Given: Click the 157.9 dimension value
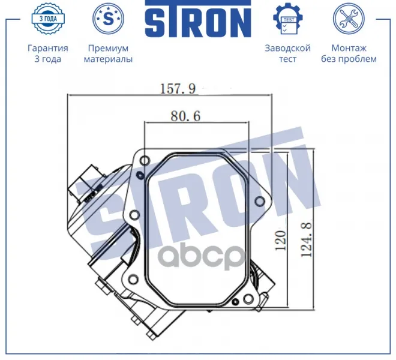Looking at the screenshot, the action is [x=178, y=89].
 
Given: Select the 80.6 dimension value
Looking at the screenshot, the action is [x=185, y=116].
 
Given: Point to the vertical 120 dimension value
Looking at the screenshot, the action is [x=281, y=240].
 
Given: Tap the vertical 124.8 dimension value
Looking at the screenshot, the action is [x=307, y=239].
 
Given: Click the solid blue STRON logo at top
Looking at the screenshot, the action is [x=198, y=19].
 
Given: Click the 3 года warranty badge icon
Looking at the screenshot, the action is [x=48, y=19].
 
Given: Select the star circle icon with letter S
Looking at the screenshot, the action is [x=109, y=19].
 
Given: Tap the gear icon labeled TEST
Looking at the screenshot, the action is [x=288, y=19].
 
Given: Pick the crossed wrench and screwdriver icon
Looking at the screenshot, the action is [x=349, y=19].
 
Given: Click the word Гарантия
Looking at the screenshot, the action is [x=48, y=48].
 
